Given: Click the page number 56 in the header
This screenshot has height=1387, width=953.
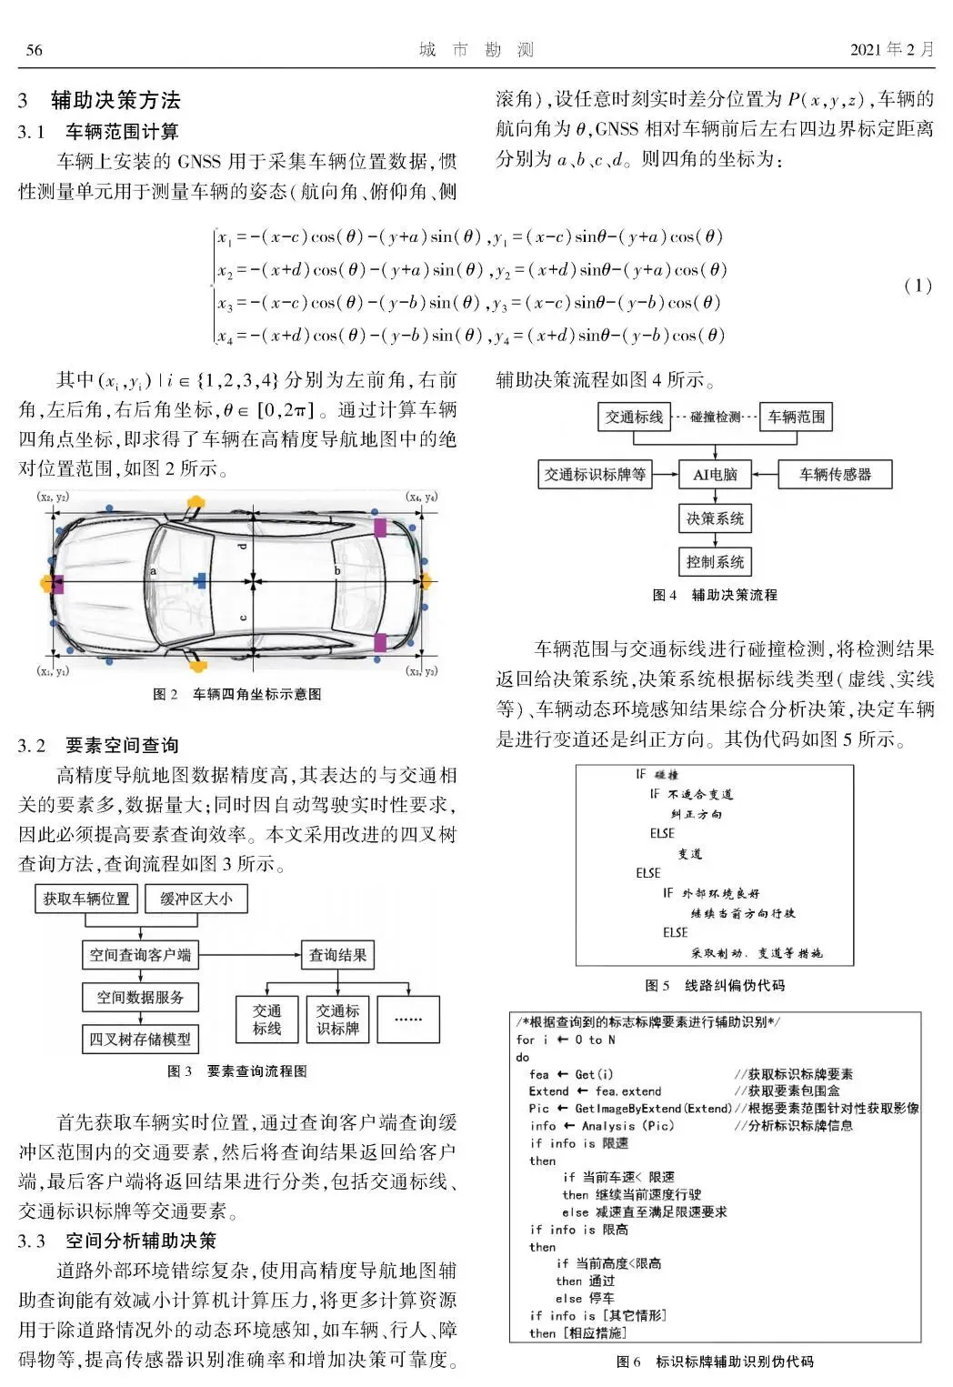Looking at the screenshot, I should [34, 50].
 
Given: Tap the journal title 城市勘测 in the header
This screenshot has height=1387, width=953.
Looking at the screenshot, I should [476, 50].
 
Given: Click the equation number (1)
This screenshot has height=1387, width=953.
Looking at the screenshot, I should [918, 286].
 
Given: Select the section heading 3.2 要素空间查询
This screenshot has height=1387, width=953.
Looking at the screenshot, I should [98, 746].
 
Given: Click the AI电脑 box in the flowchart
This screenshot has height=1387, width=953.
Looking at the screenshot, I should [715, 474].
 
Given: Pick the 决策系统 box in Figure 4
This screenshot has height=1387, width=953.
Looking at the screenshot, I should [715, 518].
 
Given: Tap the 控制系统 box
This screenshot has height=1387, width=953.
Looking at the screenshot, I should [715, 562].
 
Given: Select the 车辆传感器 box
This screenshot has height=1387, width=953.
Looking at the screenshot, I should [835, 474].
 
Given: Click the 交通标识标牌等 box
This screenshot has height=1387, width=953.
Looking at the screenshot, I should [595, 474].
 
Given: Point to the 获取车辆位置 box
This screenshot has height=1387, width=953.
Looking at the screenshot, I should [86, 899].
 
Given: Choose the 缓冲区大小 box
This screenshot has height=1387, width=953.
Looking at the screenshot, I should [196, 899].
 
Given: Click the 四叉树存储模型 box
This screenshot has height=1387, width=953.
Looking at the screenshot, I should [140, 1039].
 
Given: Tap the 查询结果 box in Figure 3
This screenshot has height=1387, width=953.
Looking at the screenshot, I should [338, 955].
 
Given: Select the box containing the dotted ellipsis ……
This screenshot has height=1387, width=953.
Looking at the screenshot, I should [408, 1020].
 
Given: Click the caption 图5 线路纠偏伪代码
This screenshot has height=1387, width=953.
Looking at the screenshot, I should [714, 985].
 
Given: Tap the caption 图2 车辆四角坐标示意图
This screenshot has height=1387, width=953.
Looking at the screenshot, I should [237, 694].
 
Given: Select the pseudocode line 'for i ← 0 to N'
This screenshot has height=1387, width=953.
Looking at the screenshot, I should [566, 1040].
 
